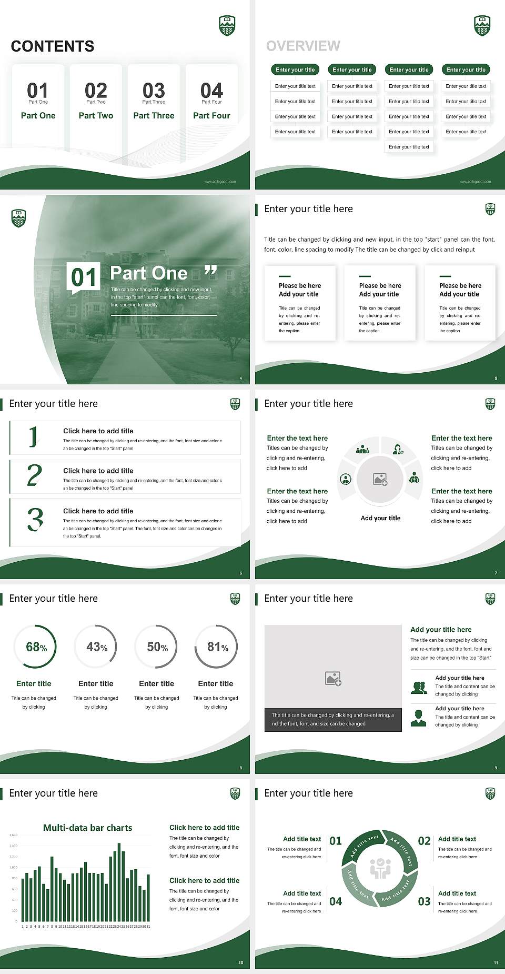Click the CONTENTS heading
coord(53,46)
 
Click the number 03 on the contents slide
coord(154,90)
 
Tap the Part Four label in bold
coord(211,115)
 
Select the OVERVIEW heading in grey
coord(303,46)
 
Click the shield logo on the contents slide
coord(227,25)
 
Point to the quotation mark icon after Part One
coord(210,271)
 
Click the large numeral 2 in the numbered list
coord(34,475)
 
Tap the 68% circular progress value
coord(36,647)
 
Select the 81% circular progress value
coord(217,647)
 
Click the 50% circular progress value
coord(157,647)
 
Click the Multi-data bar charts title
coord(88,828)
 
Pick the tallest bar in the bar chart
coord(119,882)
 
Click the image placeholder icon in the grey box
coord(333,679)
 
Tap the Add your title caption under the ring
coord(380,518)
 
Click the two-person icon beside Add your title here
coord(419,688)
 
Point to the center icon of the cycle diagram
coord(380,869)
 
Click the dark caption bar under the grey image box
coord(333,720)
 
